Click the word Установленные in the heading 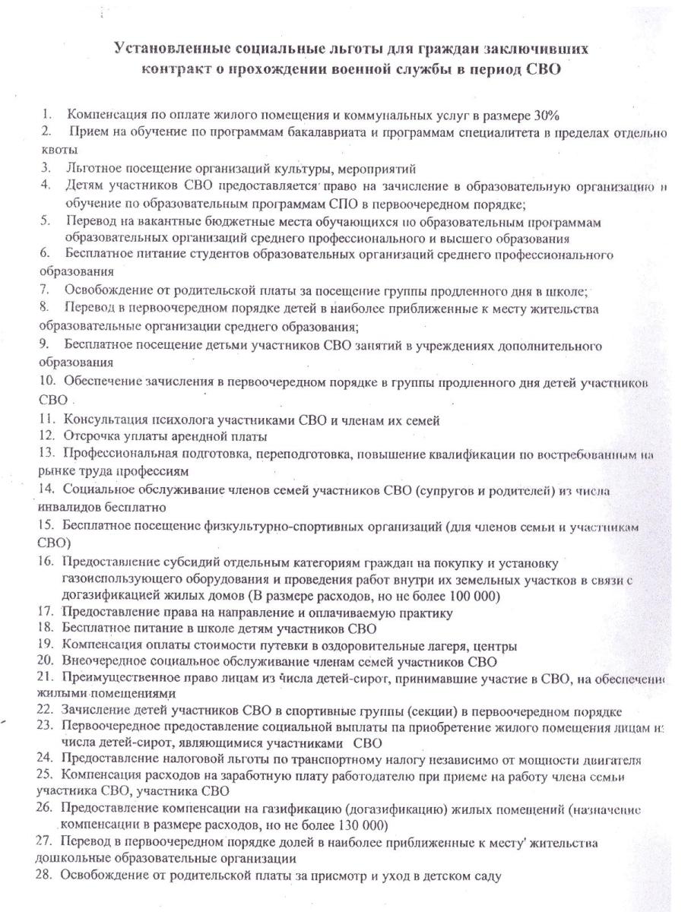point(165,48)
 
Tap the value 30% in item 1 point(547,116)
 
